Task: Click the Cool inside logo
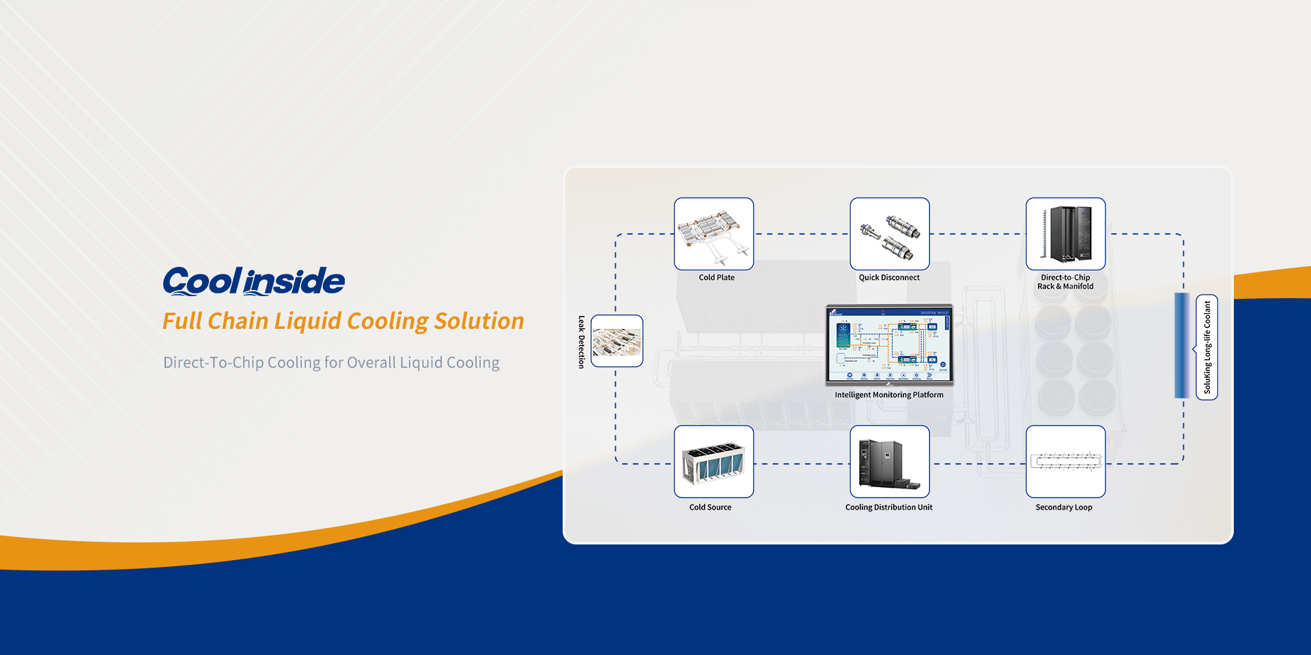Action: coord(254,281)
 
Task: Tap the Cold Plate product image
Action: coord(714,233)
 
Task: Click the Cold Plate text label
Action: coord(716,278)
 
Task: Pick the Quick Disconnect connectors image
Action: coord(889,233)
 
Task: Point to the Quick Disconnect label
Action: coord(889,278)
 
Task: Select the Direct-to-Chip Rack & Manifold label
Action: coord(1065,282)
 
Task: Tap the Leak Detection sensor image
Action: coord(617,341)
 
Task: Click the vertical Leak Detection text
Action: coord(582,342)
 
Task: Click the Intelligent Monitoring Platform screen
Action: coord(889,345)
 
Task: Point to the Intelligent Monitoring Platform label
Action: coord(889,395)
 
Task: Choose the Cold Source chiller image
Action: coord(714,462)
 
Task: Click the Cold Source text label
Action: coord(710,508)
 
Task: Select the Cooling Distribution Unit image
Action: coord(889,462)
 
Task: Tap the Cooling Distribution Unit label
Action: coord(888,508)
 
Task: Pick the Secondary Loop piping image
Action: coord(1065,462)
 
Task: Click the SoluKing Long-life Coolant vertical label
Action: coord(1207,347)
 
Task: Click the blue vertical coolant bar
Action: coord(1181,345)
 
